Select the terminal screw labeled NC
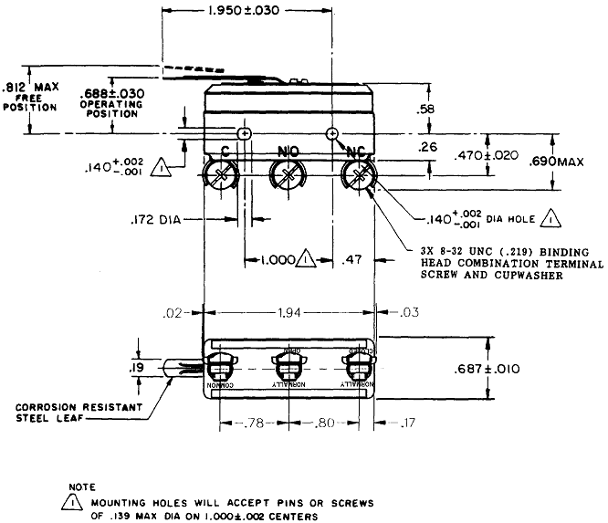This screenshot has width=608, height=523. click(x=357, y=173)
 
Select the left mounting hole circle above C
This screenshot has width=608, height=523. click(x=243, y=134)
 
